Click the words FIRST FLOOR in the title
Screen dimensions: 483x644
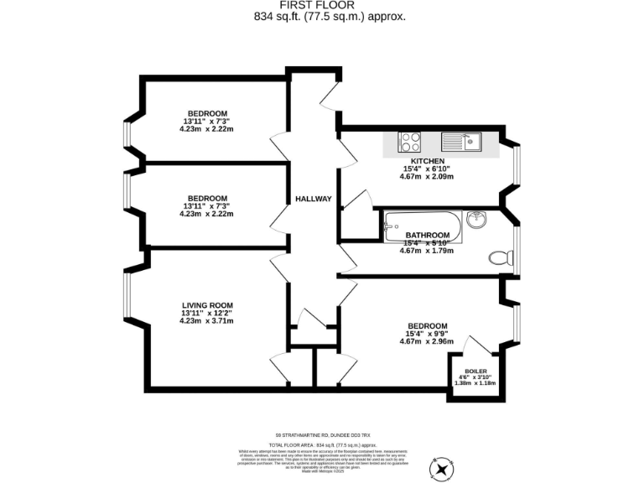tap(323, 5)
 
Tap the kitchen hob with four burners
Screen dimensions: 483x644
tap(410, 141)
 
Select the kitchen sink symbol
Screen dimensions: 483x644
tap(460, 141)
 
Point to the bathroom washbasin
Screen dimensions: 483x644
tap(476, 221)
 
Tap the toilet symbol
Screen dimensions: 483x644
tap(501, 258)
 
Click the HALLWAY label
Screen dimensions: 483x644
tap(314, 199)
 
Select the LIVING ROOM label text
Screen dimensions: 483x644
tap(207, 305)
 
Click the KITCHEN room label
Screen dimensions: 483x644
tap(427, 161)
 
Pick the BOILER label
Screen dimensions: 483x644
tap(475, 370)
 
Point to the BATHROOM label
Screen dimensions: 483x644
tap(428, 236)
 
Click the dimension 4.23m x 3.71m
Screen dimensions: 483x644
tap(207, 321)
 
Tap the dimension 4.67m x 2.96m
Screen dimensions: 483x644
tap(427, 341)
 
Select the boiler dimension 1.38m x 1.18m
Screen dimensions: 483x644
tap(475, 383)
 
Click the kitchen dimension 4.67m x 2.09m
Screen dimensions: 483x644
tap(427, 177)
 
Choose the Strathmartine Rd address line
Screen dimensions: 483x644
tap(323, 435)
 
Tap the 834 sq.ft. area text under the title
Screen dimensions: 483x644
tap(323, 16)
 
